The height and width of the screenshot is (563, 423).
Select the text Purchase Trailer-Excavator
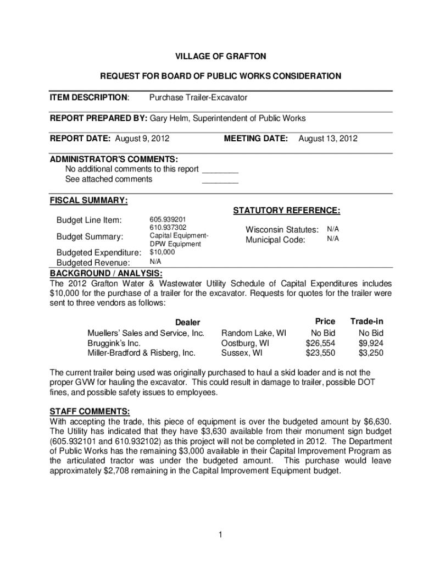(x=198, y=97)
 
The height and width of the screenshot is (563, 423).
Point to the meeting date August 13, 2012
(x=327, y=139)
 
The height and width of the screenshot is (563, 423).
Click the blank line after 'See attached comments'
(x=220, y=180)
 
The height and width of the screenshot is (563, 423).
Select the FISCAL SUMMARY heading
(x=89, y=201)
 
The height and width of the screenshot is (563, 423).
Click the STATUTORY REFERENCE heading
(x=287, y=211)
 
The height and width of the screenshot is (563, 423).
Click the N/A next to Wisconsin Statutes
(x=333, y=228)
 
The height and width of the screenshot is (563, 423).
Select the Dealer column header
(x=187, y=322)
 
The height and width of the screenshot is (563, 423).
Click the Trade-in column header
(x=366, y=321)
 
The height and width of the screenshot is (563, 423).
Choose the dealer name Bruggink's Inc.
(x=110, y=343)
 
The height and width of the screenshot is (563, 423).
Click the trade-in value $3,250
(x=371, y=353)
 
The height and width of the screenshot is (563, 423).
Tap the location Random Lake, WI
(x=253, y=333)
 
